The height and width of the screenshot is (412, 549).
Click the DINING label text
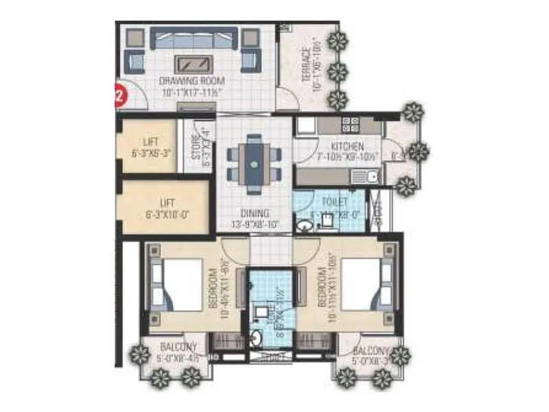tap(255, 213)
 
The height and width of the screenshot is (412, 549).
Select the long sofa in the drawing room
tap(194, 38)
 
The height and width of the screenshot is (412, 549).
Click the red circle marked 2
tap(120, 95)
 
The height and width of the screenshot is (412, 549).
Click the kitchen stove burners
tap(351, 124)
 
